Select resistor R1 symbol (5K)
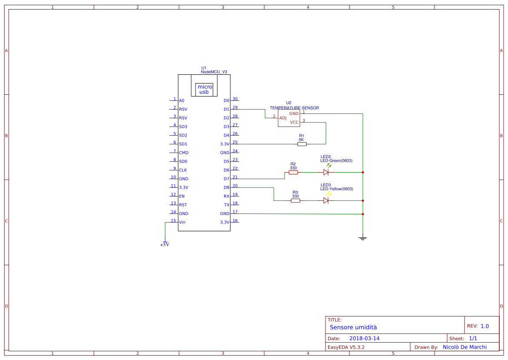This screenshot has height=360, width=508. [x=302, y=144]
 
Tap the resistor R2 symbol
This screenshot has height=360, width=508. [x=293, y=172]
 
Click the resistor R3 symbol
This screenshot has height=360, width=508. [x=295, y=200]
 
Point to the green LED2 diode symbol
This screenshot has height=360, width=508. [x=326, y=172]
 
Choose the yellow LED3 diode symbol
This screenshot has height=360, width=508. [x=326, y=200]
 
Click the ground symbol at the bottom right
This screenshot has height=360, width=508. [x=363, y=238]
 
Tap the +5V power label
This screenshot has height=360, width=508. [x=165, y=245]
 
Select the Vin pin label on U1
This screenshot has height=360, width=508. [x=182, y=222]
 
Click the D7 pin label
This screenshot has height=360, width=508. [x=226, y=179]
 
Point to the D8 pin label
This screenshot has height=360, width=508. [x=226, y=187]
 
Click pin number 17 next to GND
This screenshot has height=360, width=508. [x=235, y=212]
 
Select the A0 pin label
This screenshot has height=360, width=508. [x=182, y=100]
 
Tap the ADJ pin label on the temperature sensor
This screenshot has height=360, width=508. [x=282, y=118]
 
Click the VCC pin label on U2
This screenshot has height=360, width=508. [x=294, y=122]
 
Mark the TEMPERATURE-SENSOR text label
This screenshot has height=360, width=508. [x=294, y=107]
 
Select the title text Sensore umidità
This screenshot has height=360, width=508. [x=353, y=327]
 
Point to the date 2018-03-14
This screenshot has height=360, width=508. [x=364, y=338]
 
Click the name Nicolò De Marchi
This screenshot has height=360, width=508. [x=465, y=347]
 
